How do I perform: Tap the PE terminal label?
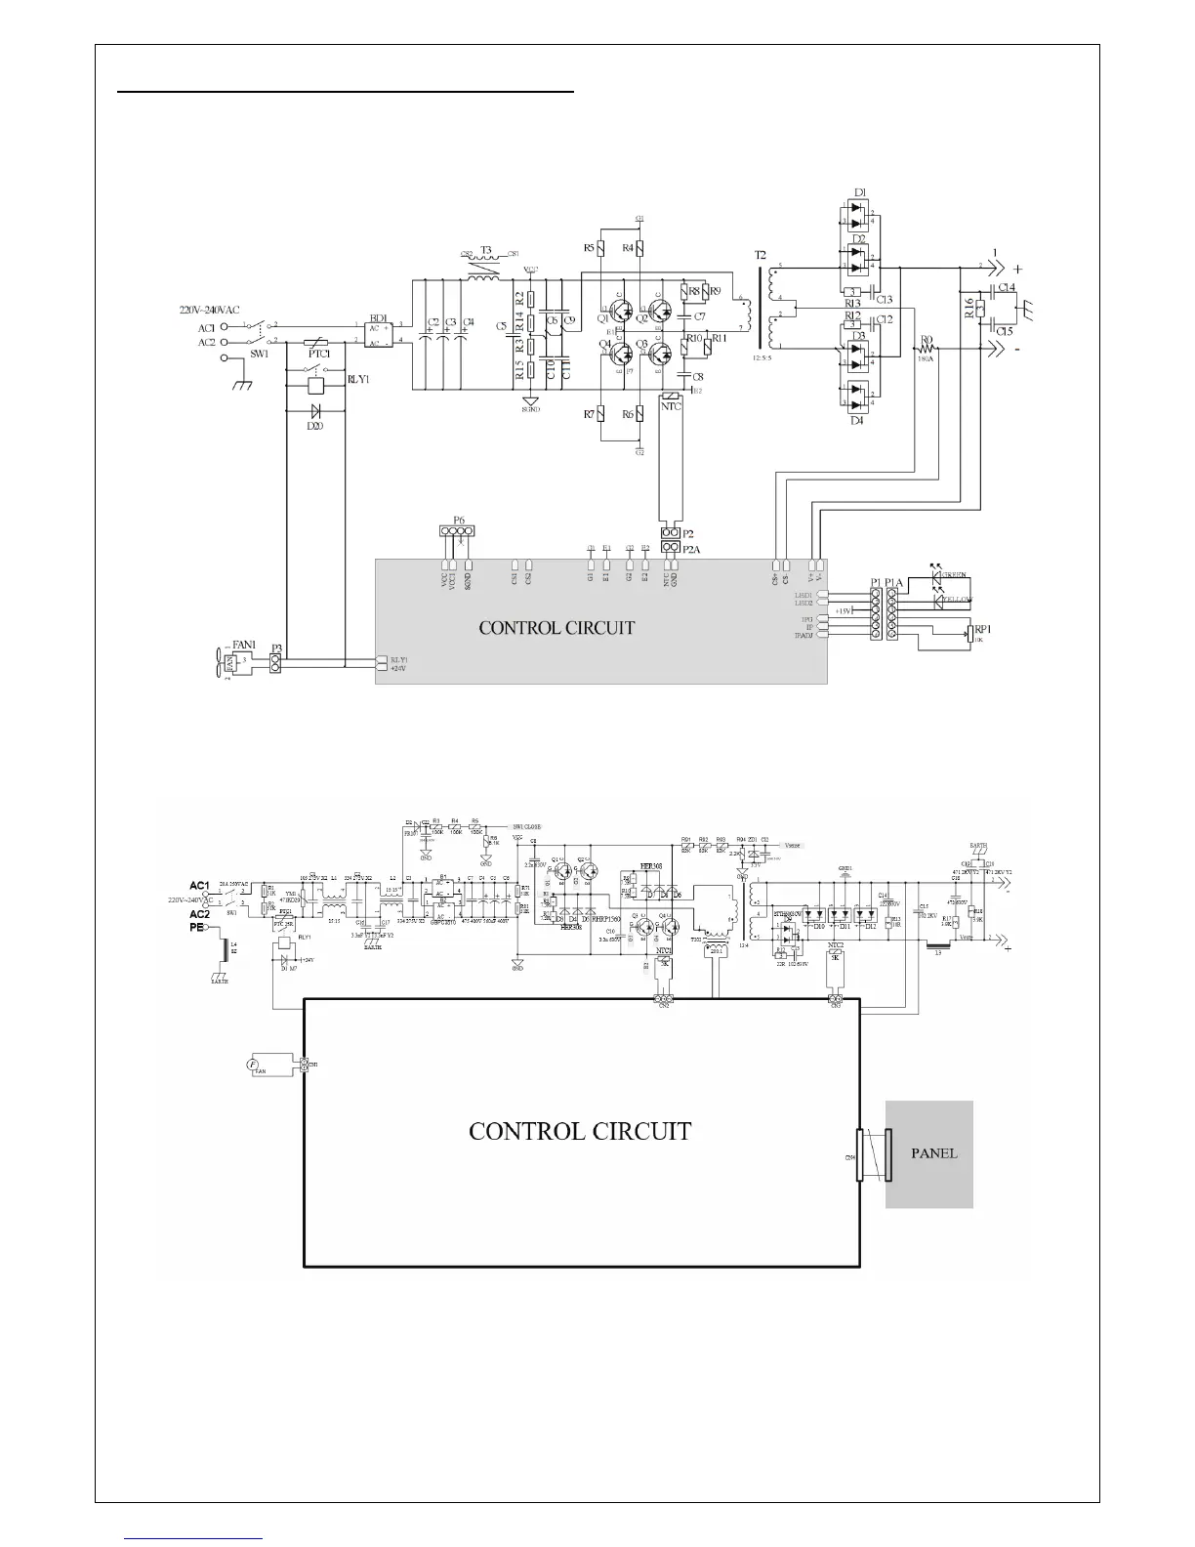(196, 928)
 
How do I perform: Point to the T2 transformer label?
(761, 257)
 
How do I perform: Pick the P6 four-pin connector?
(457, 531)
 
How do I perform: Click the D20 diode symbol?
(315, 411)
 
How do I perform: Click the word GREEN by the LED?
(956, 577)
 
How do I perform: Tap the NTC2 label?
(835, 945)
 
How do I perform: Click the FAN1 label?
(243, 646)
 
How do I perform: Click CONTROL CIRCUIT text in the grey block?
(556, 628)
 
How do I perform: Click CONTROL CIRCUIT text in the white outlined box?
(580, 1132)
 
